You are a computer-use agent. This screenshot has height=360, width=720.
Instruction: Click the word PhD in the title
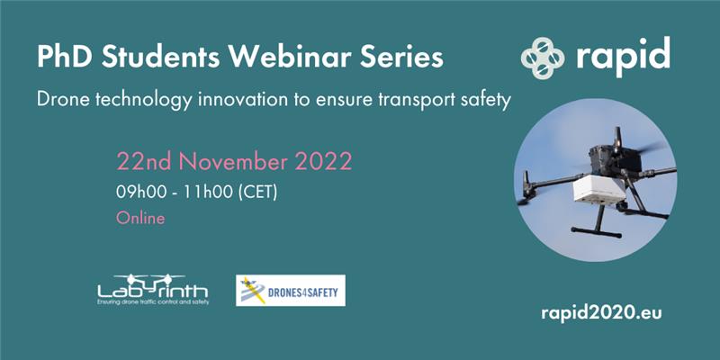click(65, 57)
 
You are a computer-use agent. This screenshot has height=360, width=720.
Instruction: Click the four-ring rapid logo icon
click(543, 58)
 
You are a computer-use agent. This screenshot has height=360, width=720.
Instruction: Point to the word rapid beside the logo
click(623, 57)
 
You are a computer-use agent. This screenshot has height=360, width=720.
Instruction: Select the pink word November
click(233, 161)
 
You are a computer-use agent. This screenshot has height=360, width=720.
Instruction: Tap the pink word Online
click(140, 218)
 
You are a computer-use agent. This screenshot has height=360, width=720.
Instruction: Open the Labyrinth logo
click(153, 290)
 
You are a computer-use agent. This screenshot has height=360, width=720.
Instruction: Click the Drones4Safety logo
click(291, 290)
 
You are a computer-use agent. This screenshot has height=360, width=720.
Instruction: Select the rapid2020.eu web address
click(601, 313)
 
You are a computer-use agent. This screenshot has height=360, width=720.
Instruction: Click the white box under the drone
click(600, 189)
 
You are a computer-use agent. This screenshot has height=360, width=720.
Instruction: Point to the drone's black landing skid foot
click(597, 231)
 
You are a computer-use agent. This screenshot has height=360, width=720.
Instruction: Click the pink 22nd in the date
click(144, 161)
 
